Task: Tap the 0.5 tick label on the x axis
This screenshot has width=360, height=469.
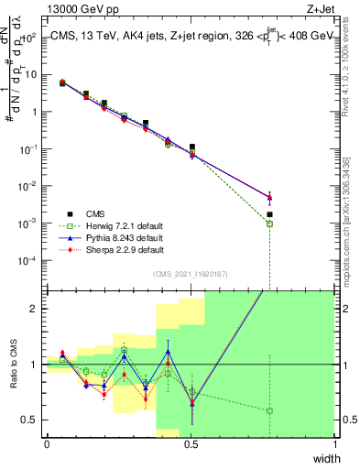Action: click(x=191, y=443)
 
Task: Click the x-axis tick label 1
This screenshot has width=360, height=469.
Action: click(x=335, y=443)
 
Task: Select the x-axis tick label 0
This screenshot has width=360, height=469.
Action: click(x=47, y=443)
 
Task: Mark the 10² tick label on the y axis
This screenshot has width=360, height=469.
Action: click(x=29, y=38)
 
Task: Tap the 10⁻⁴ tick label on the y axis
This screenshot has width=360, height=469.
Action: click(x=29, y=260)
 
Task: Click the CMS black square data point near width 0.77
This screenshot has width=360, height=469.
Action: click(x=269, y=214)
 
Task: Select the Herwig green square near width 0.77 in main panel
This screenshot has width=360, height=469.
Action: click(x=269, y=224)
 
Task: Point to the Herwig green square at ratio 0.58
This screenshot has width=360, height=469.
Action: click(x=269, y=410)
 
